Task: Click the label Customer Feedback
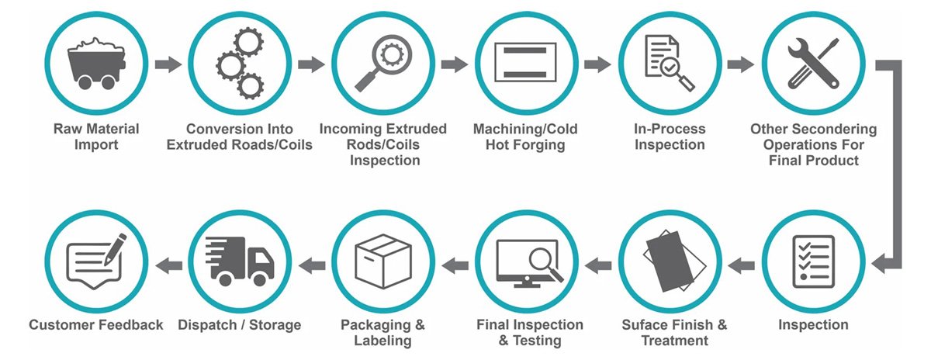point(96,325)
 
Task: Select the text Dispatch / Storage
point(240,325)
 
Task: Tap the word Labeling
point(382,341)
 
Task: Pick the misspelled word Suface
point(645,325)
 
